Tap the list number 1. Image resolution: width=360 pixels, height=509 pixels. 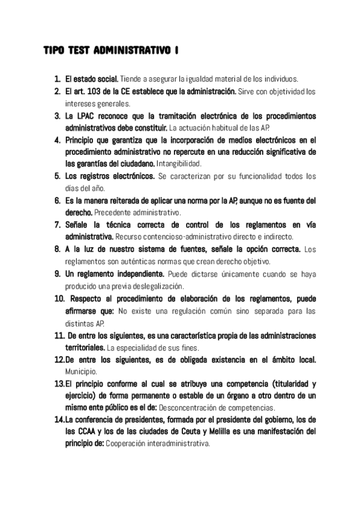point(56,79)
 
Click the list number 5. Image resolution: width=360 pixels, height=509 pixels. point(56,176)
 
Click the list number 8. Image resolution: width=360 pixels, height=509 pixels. point(56,248)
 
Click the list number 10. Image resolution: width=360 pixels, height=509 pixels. point(59,298)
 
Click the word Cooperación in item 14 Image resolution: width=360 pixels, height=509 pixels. point(126,444)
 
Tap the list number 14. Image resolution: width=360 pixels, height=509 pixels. point(59,420)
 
